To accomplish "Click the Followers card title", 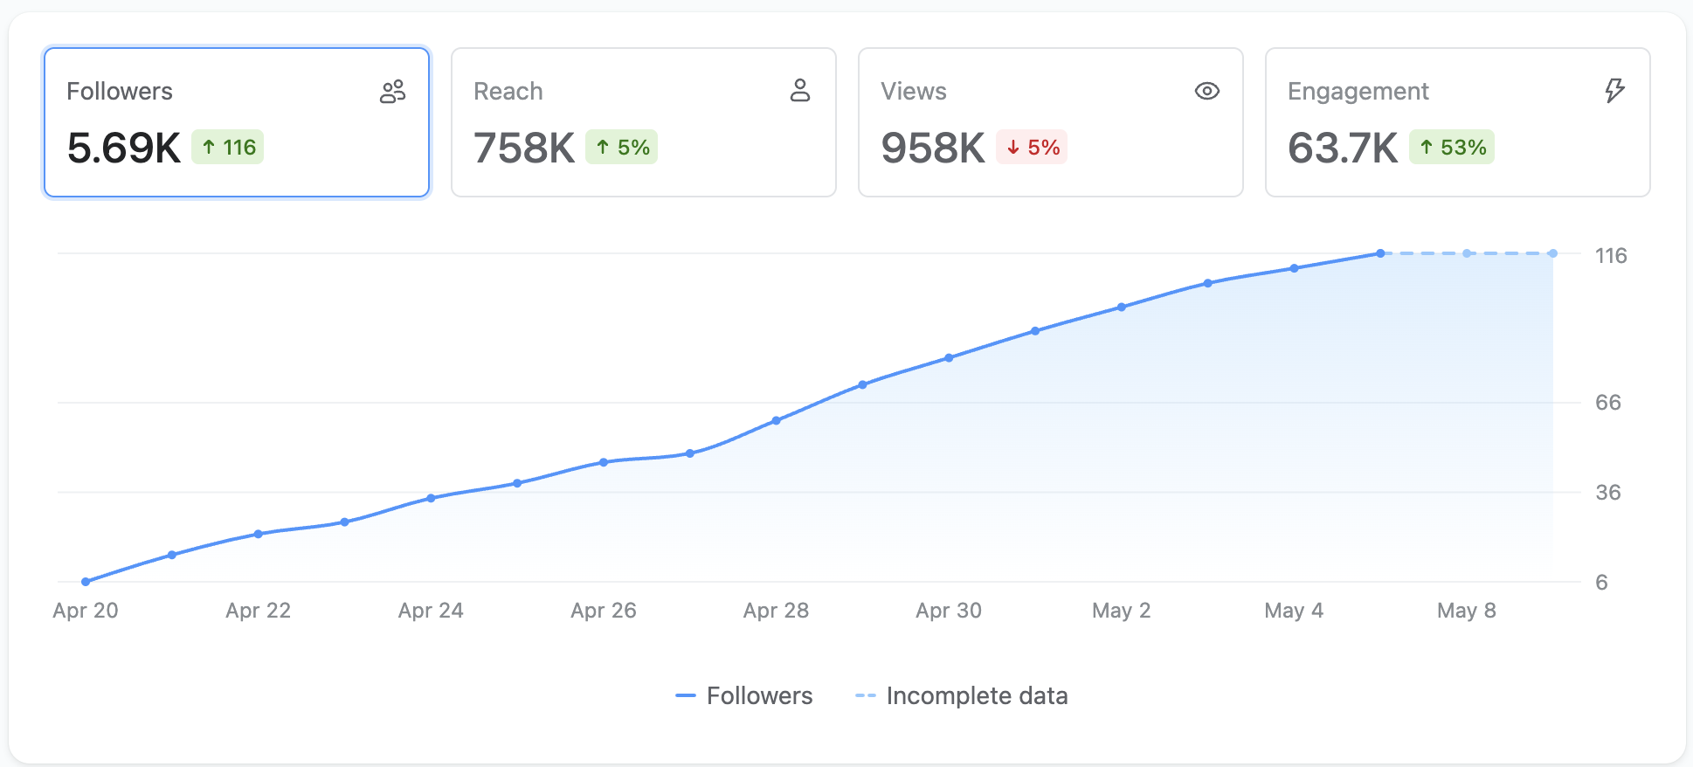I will pos(120,92).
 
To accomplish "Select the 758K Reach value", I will pos(524,148).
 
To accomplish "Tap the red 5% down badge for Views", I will pos(1032,148).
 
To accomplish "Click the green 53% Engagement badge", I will pos(1452,148).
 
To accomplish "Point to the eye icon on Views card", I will pos(1206,91).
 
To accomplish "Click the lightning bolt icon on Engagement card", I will pos(1614,91).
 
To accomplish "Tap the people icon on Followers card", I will pos(392,92).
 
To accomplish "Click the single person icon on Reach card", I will pos(799,91).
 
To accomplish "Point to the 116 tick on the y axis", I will pos(1610,256).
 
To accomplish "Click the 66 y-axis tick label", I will pos(1607,403).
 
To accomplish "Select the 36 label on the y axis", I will pos(1607,493).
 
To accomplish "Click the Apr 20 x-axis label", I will pos(86,611).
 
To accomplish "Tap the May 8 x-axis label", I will pos(1466,611).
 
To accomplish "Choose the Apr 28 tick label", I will pos(776,611).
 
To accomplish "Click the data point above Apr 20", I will pos(86,582).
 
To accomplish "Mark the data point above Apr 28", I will pos(776,421).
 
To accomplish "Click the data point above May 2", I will pos(1122,307).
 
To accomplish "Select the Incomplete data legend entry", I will pos(962,696).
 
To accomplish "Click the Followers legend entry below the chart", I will pos(744,696).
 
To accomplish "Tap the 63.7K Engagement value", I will pos(1342,148).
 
